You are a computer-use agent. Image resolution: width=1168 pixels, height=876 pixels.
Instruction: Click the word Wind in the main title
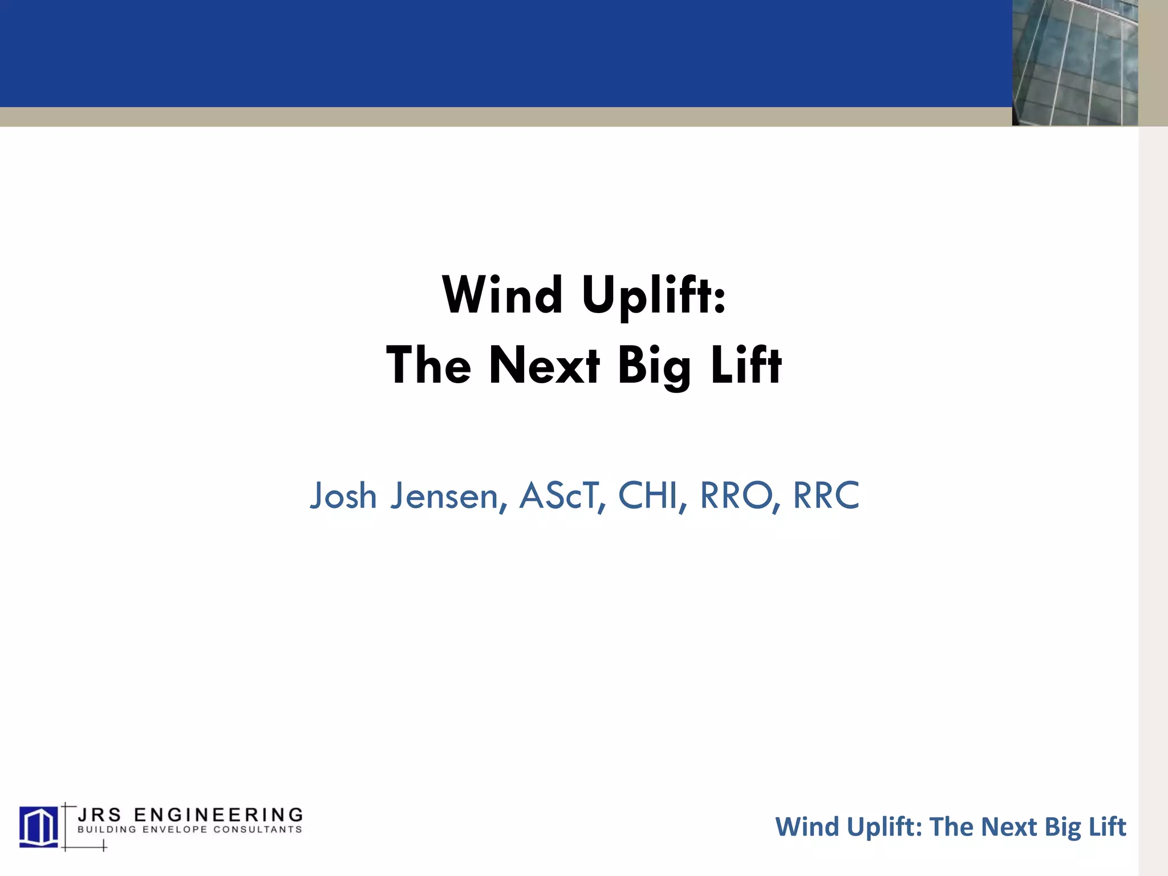coord(502,295)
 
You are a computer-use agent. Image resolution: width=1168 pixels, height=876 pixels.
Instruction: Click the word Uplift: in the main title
coord(654,295)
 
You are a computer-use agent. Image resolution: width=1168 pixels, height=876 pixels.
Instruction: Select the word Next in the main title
coord(544,366)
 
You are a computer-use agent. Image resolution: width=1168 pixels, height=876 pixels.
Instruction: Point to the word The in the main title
coord(428,366)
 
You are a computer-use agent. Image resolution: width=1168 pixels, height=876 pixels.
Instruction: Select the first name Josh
coord(343,495)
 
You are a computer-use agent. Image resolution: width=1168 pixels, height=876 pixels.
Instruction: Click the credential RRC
coord(826,495)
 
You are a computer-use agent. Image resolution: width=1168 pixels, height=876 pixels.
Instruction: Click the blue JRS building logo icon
coord(38,826)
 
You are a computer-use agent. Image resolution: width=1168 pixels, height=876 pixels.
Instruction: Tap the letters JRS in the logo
coord(99,814)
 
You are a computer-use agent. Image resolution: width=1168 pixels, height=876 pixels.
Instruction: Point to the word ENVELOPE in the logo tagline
coord(175,830)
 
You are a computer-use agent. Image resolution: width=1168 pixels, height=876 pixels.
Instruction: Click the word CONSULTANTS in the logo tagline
coord(258,830)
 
